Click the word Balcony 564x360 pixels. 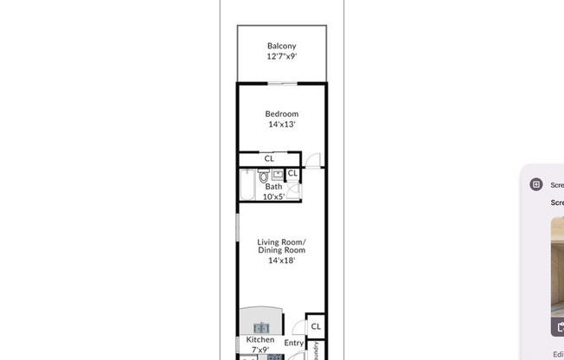pos(281,46)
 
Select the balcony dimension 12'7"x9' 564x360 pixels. pos(281,56)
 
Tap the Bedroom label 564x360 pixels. pos(281,113)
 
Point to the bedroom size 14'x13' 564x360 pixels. pos(281,124)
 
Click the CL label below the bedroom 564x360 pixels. pos(269,158)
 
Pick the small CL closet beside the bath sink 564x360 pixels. pos(292,174)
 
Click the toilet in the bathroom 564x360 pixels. pos(264,177)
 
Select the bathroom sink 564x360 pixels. pos(278,174)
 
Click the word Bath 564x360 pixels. pos(273,186)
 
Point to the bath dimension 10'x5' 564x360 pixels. pos(273,196)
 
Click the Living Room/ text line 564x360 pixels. pos(281,241)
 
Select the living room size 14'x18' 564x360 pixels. pos(281,260)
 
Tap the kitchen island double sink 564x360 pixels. pos(261,327)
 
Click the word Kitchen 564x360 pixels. pos(260,340)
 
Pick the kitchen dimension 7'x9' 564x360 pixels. pos(260,350)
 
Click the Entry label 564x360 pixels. pos(293,344)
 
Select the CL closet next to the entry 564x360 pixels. pos(316,326)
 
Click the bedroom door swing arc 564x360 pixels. pos(313,160)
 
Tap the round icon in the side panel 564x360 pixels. pos(536,184)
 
